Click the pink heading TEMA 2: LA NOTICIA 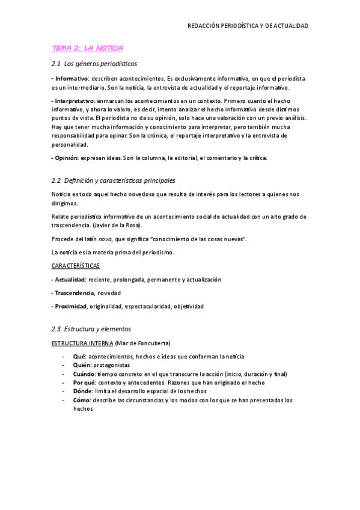(x=88, y=48)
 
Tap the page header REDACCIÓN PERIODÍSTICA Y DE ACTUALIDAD (x=248, y=26)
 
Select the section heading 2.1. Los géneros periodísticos (x=95, y=64)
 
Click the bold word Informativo (x=72, y=79)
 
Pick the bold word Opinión (x=66, y=158)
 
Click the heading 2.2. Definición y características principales (x=114, y=180)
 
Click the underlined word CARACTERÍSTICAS (x=76, y=265)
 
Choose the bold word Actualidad (x=70, y=280)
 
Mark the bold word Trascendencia (x=75, y=293)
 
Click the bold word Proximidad (x=71, y=306)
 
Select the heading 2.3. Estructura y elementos (x=91, y=329)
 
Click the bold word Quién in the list (x=81, y=365)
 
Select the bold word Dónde (x=82, y=391)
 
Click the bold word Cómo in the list (x=82, y=400)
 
